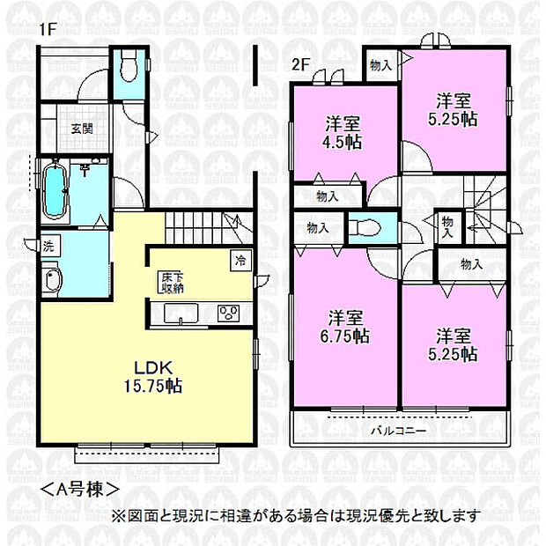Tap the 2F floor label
[x=300, y=64]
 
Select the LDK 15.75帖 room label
[x=153, y=377]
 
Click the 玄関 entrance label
[x=82, y=129]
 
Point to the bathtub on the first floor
[x=55, y=192]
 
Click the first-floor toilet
[x=129, y=66]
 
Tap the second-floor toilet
[x=365, y=228]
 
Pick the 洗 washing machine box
[x=49, y=246]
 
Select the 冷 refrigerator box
[x=240, y=261]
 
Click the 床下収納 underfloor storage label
[x=173, y=283]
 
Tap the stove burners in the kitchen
[x=229, y=313]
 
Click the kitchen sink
[x=181, y=314]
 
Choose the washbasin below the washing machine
[x=52, y=279]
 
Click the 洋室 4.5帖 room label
[x=343, y=133]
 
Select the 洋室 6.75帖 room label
[x=345, y=327]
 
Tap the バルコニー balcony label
[x=398, y=431]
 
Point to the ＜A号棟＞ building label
[x=80, y=490]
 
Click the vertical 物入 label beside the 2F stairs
[x=447, y=228]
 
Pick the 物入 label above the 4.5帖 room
[x=381, y=65]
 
